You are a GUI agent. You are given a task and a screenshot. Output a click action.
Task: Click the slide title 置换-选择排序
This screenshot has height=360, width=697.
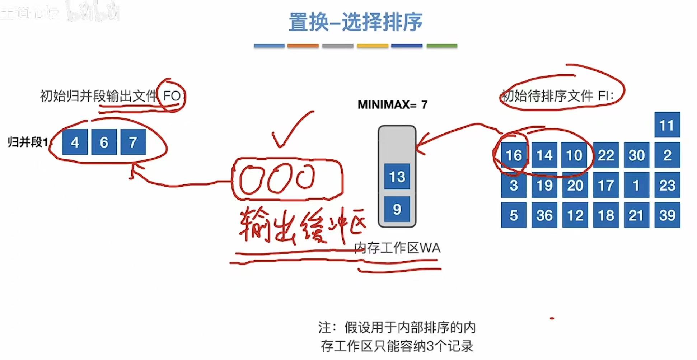pyautogui.click(x=355, y=22)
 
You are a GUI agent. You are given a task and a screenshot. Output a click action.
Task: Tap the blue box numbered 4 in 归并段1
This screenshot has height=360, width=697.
pyautogui.click(x=75, y=142)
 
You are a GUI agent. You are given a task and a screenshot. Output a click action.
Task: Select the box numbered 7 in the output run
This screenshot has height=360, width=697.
pyautogui.click(x=133, y=142)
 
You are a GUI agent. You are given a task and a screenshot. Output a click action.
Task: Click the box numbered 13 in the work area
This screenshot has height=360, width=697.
pyautogui.click(x=397, y=177)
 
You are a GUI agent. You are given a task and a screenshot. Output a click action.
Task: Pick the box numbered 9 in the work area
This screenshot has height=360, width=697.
pyautogui.click(x=397, y=209)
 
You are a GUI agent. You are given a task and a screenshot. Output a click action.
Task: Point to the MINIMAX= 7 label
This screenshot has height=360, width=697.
pyautogui.click(x=392, y=105)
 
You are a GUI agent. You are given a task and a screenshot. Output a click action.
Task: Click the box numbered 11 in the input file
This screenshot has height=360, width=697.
pyautogui.click(x=667, y=125)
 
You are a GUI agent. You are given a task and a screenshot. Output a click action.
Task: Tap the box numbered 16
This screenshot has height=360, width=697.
pyautogui.click(x=514, y=155)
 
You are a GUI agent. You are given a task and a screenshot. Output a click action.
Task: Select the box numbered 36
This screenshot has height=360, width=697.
pyautogui.click(x=544, y=215)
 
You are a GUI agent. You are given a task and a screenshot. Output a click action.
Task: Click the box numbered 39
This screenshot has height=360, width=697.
pyautogui.click(x=667, y=215)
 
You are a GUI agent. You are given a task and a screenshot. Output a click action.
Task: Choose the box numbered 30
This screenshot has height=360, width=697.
pyautogui.click(x=636, y=155)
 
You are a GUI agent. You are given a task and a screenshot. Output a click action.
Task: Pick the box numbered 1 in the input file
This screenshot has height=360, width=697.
pyautogui.click(x=636, y=185)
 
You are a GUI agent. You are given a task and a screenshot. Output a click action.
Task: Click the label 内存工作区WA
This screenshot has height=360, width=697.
pyautogui.click(x=397, y=248)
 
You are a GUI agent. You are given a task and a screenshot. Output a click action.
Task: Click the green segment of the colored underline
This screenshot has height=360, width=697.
pyautogui.click(x=441, y=46)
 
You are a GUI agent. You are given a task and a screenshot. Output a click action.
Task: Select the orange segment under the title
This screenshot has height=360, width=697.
pyautogui.click(x=303, y=46)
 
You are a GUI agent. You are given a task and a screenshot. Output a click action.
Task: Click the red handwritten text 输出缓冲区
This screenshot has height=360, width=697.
pyautogui.click(x=301, y=225)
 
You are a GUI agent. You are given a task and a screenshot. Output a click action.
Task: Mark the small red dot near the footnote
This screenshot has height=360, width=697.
pyautogui.click(x=552, y=318)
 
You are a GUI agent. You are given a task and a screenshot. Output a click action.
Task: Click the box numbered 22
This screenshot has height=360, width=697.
pyautogui.click(x=605, y=155)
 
